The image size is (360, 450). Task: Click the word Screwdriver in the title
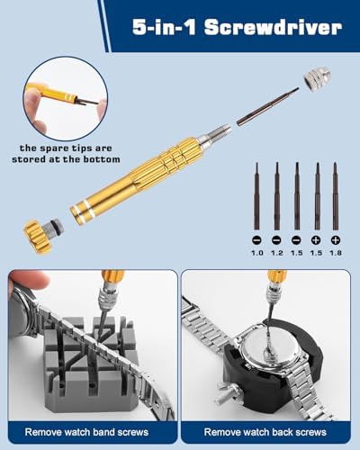click(273, 28)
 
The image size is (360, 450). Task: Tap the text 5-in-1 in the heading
click(164, 28)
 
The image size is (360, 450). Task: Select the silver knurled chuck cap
click(318, 78)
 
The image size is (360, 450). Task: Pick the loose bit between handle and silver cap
click(268, 106)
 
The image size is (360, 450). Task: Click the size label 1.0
click(257, 253)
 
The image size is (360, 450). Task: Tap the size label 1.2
click(276, 253)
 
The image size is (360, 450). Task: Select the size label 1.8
click(336, 253)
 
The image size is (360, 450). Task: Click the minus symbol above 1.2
click(276, 240)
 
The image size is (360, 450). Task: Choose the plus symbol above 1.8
click(336, 240)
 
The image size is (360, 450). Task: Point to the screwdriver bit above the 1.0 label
click(256, 196)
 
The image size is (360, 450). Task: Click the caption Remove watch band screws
click(86, 432)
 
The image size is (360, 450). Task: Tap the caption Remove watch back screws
click(265, 432)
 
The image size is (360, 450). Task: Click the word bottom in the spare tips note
click(102, 159)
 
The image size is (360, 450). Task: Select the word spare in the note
click(51, 148)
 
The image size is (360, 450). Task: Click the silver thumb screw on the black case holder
click(227, 395)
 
